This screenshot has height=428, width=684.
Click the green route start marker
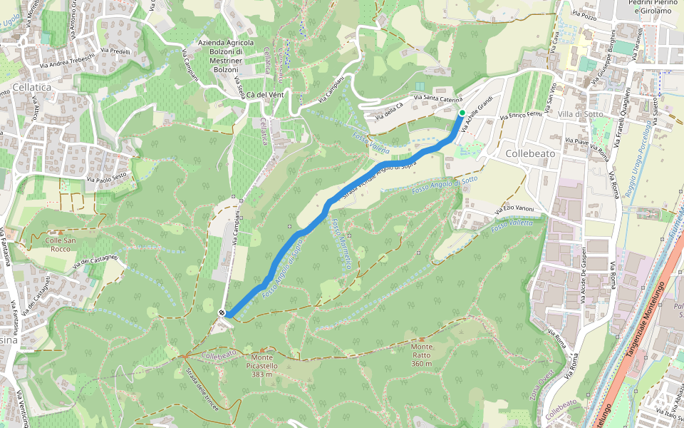point(462,113)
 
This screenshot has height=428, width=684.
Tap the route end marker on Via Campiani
point(222,312)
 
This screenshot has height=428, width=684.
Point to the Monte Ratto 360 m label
point(422,355)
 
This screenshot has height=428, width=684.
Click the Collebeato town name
point(530,153)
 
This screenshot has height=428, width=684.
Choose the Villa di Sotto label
point(581,114)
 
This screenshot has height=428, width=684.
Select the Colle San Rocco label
point(60,245)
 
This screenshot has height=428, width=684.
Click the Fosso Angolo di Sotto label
point(444,185)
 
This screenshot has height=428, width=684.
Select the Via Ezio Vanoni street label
point(514,208)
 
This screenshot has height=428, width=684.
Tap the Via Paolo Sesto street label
point(108,177)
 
